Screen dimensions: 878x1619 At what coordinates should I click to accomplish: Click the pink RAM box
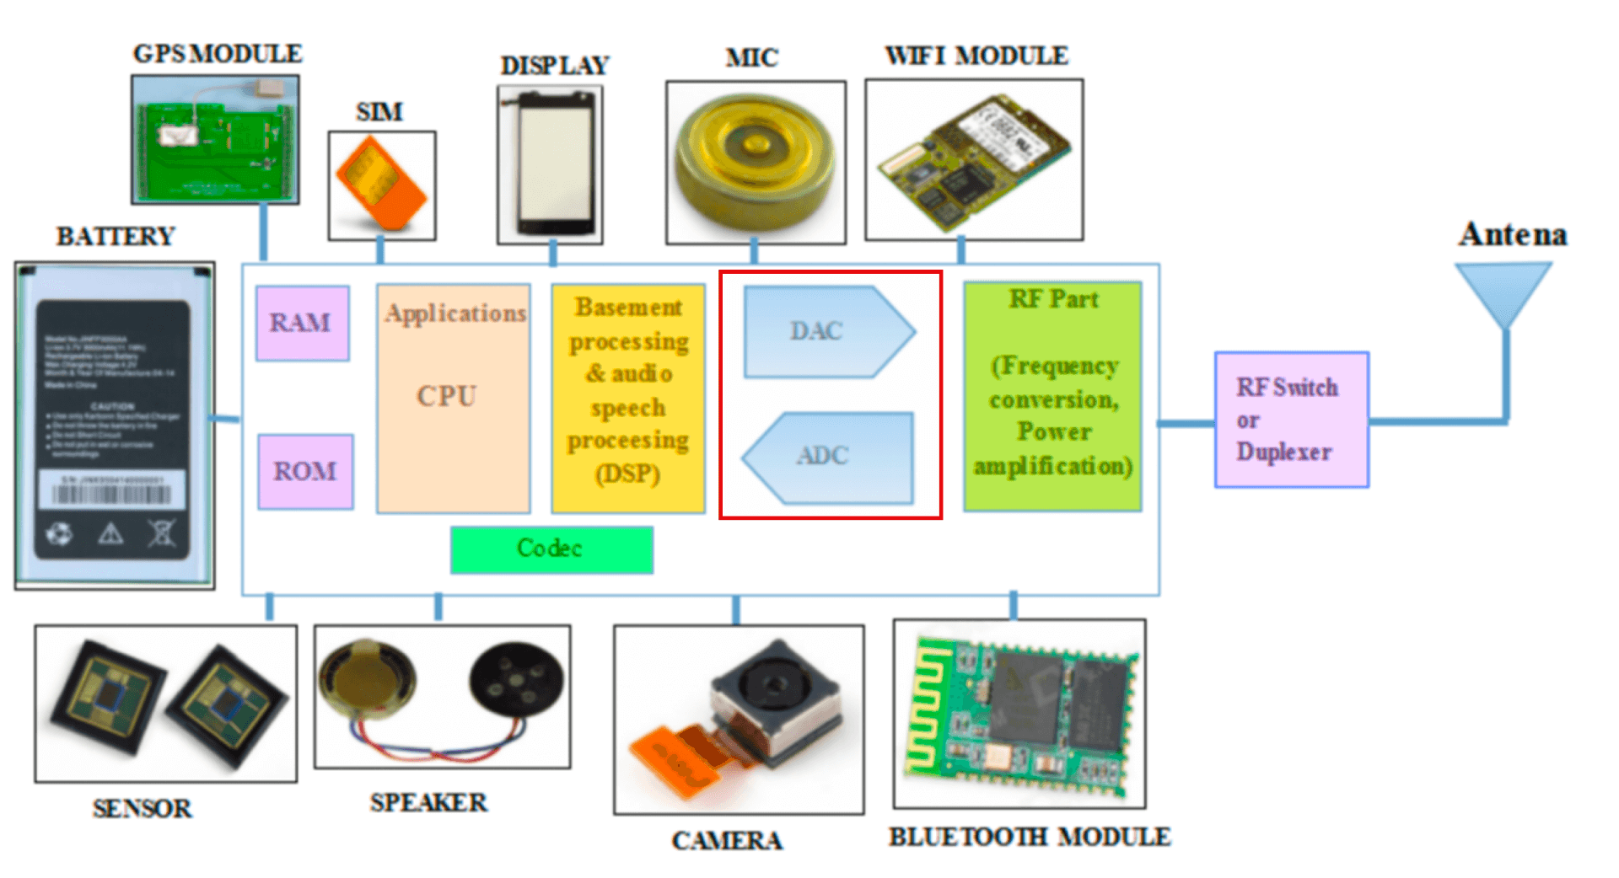302,323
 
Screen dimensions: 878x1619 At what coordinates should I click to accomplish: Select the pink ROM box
305,471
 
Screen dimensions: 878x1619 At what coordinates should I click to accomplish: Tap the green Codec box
551,549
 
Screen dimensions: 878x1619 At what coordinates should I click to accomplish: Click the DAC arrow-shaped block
822,331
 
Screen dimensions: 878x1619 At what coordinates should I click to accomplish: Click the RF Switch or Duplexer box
1291,420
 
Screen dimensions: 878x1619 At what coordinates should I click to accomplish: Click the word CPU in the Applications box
447,396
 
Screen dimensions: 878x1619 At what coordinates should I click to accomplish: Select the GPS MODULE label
218,54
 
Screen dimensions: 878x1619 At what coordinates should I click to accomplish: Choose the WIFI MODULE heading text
976,56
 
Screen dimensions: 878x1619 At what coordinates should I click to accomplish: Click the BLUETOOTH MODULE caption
1030,837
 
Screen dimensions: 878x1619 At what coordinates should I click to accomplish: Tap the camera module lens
772,683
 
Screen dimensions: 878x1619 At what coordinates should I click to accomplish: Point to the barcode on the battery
112,494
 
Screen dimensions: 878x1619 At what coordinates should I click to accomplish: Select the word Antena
1513,235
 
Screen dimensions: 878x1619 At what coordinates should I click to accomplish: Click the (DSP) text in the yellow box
627,474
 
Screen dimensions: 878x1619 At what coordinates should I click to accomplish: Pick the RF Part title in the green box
1053,299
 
